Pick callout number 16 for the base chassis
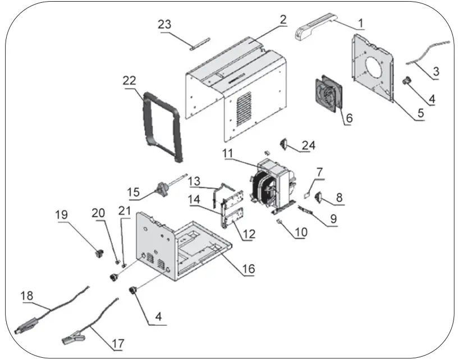pos(248,269)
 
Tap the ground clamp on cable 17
pos(73,338)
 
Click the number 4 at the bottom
pos(159,317)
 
